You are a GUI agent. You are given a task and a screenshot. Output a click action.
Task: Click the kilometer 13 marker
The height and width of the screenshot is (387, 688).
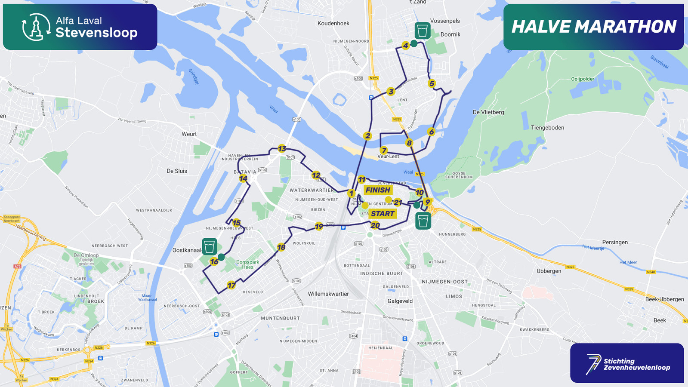click(x=282, y=149)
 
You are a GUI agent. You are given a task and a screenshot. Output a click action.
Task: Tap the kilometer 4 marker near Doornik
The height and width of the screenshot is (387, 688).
click(x=405, y=45)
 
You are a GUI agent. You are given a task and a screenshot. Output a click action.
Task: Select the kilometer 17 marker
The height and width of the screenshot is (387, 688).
click(x=231, y=285)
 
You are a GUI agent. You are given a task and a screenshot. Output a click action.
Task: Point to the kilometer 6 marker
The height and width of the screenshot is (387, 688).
click(x=431, y=132)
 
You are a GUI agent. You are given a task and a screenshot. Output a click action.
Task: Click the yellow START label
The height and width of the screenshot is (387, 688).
click(x=383, y=214)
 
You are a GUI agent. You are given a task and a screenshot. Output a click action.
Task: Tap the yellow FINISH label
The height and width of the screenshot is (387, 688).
click(x=378, y=190)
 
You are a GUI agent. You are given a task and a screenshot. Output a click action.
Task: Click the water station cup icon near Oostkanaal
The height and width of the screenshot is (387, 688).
click(x=210, y=247)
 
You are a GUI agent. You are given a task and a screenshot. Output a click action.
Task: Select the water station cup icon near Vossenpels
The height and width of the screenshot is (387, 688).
click(x=423, y=31)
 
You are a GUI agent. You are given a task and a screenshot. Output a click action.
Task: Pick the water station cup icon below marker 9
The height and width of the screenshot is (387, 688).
click(x=423, y=221)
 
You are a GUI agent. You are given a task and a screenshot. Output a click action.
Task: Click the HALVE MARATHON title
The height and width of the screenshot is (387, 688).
click(x=594, y=27)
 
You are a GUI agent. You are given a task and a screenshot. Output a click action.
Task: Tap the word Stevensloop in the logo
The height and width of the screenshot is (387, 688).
click(x=96, y=33)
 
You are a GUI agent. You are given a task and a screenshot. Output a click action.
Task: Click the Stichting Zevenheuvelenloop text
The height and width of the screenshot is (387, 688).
click(x=636, y=364)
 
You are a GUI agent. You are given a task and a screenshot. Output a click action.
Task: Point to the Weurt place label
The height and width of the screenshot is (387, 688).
click(x=189, y=134)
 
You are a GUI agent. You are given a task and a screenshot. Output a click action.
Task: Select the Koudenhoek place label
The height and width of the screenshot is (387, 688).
click(x=333, y=23)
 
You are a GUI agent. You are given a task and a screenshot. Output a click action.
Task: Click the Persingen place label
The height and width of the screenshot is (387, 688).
click(x=614, y=242)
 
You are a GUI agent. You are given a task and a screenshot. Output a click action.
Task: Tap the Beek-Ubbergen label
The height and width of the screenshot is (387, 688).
click(x=664, y=299)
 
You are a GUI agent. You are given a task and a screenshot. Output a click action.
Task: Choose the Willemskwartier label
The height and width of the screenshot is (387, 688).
click(x=328, y=294)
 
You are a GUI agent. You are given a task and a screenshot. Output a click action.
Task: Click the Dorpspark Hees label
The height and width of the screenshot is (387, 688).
click(x=247, y=264)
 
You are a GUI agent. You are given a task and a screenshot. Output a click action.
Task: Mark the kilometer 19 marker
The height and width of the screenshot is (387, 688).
click(x=319, y=226)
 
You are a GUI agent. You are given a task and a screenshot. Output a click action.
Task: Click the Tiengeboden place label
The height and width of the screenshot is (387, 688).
click(x=547, y=128)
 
